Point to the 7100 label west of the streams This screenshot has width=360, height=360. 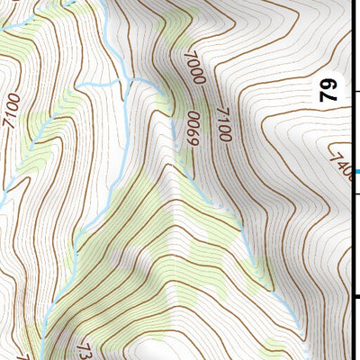pos(12,110)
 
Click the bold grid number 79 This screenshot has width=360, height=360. pos(329,90)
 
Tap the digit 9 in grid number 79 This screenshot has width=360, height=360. pos(329,84)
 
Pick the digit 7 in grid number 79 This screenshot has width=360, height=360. pos(329,96)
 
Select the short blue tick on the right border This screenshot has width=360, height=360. pos(356,171)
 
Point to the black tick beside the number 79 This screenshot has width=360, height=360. pos(356,91)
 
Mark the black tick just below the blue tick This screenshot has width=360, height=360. pos(356,194)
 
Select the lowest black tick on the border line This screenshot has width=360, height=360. pos(356,297)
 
